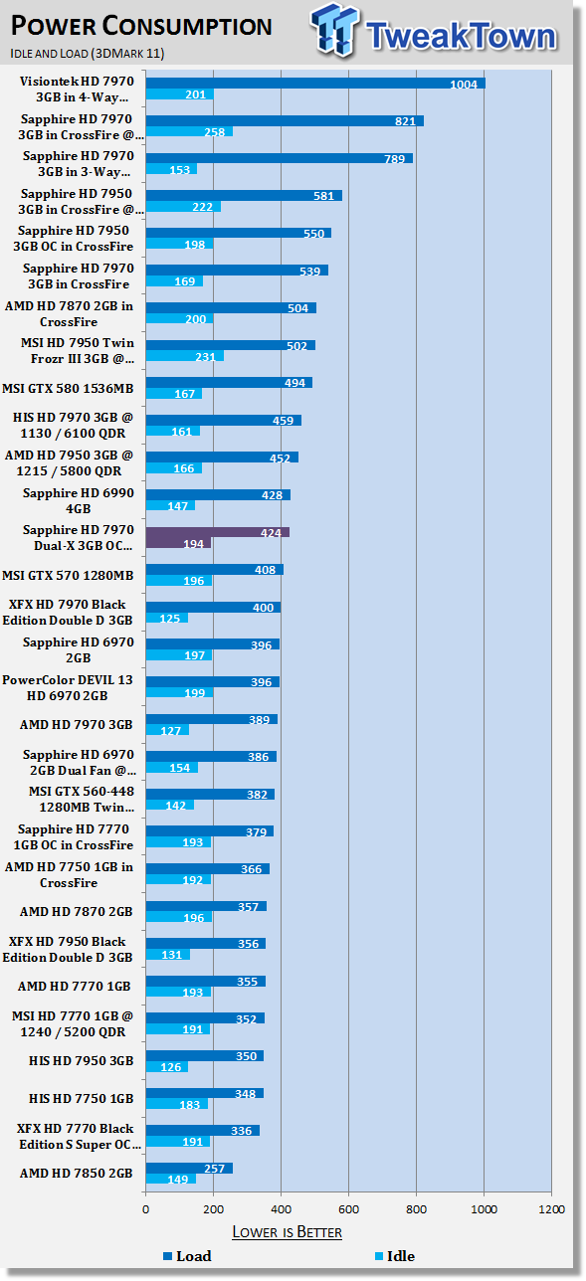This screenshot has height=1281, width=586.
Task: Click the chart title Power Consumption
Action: pyautogui.click(x=141, y=26)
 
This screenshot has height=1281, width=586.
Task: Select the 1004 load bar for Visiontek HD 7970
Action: pyautogui.click(x=314, y=84)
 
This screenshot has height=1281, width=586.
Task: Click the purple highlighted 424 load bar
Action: pyautogui.click(x=217, y=532)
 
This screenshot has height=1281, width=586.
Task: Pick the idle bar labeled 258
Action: pyautogui.click(x=188, y=131)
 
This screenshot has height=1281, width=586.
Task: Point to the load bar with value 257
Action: pyautogui.click(x=189, y=1168)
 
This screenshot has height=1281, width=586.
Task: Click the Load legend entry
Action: pyautogui.click(x=186, y=1256)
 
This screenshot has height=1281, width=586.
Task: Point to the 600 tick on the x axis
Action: pyautogui.click(x=348, y=1209)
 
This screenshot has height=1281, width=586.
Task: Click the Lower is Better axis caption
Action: pyautogui.click(x=287, y=1232)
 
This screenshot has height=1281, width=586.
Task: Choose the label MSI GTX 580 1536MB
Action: pyautogui.click(x=77, y=381)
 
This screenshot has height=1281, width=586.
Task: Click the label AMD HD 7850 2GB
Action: pyautogui.click(x=77, y=1174)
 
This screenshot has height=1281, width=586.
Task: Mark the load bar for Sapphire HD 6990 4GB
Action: pyautogui.click(x=218, y=494)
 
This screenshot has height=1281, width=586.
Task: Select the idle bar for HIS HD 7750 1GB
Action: pyautogui.click(x=176, y=1105)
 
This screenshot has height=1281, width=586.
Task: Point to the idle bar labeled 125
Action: pyautogui.click(x=166, y=618)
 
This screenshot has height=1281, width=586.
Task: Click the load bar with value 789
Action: pyautogui.click(x=279, y=158)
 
